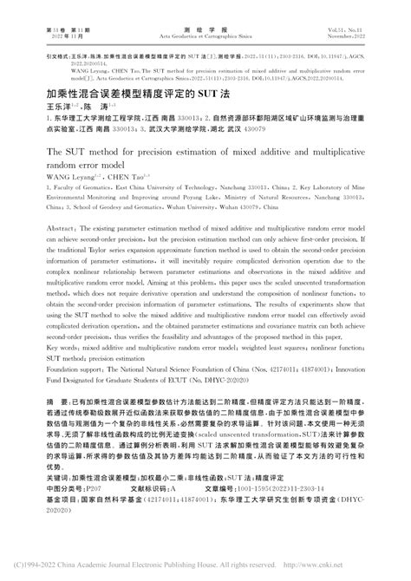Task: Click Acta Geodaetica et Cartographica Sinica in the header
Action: pyautogui.click(x=205, y=16)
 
